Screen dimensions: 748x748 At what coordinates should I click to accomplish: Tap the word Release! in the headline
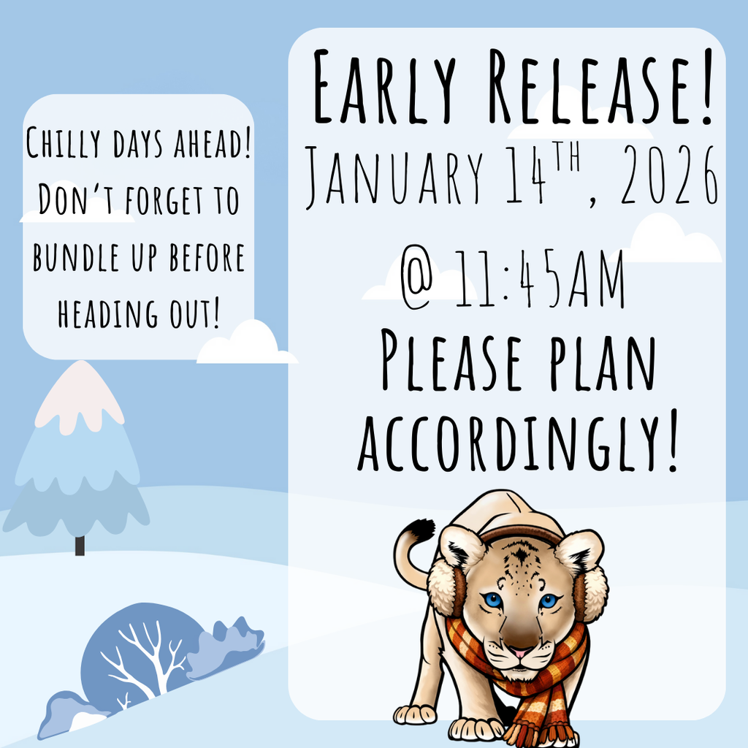pos(601,86)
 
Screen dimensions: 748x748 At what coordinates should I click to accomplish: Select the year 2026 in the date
pos(669,175)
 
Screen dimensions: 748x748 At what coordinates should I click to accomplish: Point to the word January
pos(394,177)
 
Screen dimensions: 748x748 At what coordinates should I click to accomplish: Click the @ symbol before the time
pos(417,279)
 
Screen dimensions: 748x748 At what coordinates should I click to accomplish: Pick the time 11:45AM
pos(539,279)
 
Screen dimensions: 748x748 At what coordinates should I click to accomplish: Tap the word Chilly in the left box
pos(63,142)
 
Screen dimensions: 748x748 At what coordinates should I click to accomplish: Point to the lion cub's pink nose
pos(519,652)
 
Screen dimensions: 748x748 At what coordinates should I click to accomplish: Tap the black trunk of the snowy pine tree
pos(80,546)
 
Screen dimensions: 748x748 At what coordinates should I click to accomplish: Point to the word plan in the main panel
pos(603,362)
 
